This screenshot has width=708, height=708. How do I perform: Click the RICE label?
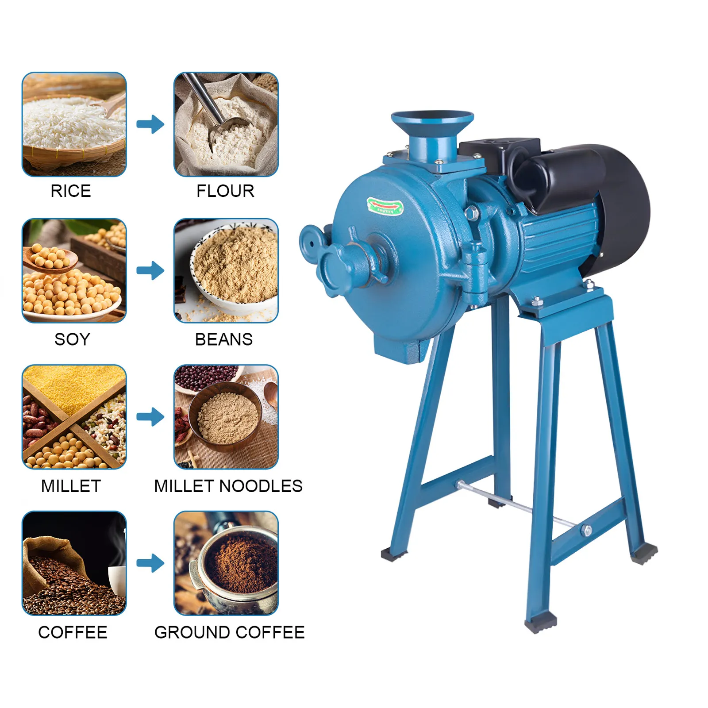(71, 191)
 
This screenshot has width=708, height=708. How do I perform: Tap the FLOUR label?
(225, 191)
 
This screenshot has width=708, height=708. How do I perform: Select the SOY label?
(72, 339)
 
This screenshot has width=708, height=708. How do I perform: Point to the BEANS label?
(224, 339)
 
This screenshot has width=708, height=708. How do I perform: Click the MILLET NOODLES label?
(228, 486)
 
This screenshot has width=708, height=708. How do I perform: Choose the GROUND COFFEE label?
(229, 632)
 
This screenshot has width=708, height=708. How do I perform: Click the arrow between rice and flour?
(150, 124)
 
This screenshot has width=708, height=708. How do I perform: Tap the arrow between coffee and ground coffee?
(150, 563)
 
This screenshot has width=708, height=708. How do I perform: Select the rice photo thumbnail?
(74, 124)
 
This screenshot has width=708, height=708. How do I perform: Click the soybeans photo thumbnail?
(74, 270)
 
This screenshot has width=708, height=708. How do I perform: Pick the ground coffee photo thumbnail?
(226, 563)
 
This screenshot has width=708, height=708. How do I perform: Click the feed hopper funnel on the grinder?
(432, 128)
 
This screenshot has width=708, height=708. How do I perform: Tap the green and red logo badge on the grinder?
(385, 206)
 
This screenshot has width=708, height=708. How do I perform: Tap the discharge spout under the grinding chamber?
(400, 350)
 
